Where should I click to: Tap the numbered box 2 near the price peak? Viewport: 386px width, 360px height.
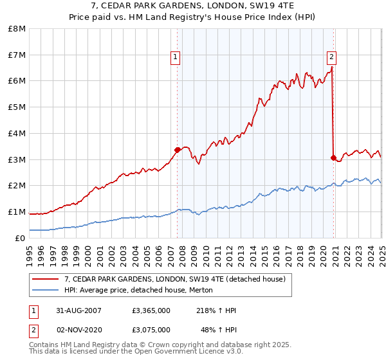pyautogui.click(x=331, y=57)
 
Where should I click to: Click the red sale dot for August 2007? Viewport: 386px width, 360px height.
pyautogui.click(x=178, y=150)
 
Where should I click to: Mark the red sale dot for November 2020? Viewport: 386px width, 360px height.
pyautogui.click(x=333, y=157)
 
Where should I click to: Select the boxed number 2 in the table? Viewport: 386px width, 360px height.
pyautogui.click(x=33, y=330)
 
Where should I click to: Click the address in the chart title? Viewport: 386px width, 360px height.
pyautogui.click(x=193, y=6)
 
